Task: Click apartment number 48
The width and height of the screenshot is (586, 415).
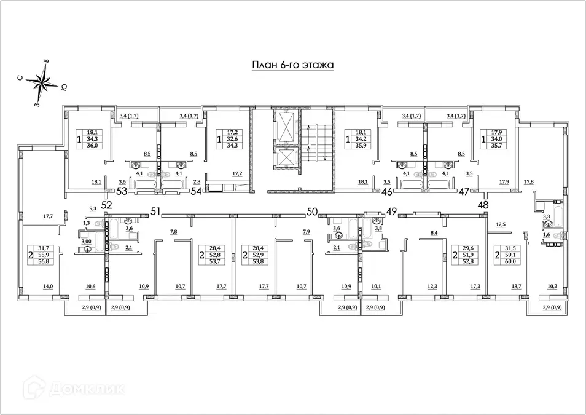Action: point(484,204)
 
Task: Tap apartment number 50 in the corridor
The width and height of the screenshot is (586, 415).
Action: point(311,212)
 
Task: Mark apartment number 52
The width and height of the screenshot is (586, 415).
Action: point(107,204)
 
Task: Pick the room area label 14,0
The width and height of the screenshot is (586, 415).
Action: point(47,287)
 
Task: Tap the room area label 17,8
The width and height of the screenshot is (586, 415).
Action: point(528,182)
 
